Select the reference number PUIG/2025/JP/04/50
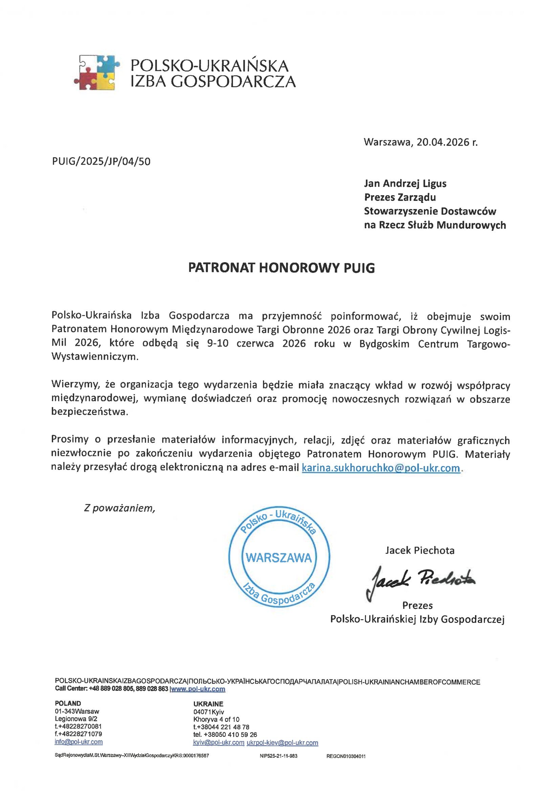coord(101,162)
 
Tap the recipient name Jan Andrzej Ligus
coord(405,183)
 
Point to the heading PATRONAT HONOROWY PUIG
coord(281,268)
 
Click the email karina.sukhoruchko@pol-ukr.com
coord(381,468)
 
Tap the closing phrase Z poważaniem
coord(119,508)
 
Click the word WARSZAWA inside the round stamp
coord(279,558)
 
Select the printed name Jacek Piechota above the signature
coord(419,550)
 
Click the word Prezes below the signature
coord(417,605)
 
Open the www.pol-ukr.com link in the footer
coord(198,689)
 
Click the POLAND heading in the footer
coord(68,703)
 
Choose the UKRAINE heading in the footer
coord(208,704)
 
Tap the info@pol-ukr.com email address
coord(79,742)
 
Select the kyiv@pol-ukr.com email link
coord(219,743)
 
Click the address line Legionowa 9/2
coord(76,718)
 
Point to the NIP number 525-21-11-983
coord(278,756)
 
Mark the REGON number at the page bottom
coord(346,756)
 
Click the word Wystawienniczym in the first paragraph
coord(94,357)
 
